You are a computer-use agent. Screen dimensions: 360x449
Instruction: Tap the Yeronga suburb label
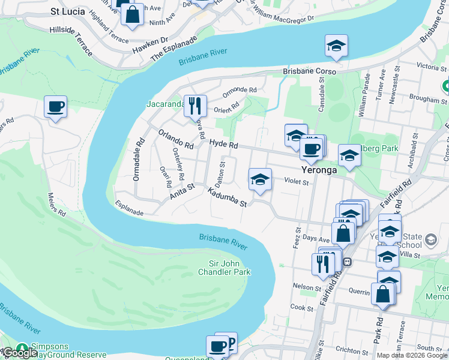tap(318, 170)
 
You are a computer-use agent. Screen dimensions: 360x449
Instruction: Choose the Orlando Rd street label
tap(175, 139)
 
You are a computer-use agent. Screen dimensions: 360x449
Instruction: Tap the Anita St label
tap(182, 191)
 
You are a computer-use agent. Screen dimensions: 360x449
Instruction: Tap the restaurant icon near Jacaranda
tap(194, 106)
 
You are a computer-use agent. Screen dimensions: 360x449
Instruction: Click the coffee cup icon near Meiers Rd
tap(56, 107)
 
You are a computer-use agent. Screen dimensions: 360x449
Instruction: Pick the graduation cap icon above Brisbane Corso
tap(336, 45)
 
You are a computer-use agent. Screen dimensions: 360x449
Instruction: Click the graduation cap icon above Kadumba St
tap(260, 179)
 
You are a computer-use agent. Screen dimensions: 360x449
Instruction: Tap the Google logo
tap(20, 353)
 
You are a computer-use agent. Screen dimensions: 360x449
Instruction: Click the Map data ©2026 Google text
tap(411, 355)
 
